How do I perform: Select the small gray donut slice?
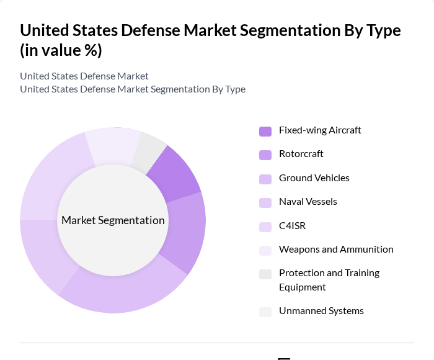pos(149,151)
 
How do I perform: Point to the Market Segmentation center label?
pos(113,220)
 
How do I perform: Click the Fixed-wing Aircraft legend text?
pos(320,130)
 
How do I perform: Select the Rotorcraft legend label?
pos(301,154)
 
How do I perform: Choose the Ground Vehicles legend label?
pos(314,178)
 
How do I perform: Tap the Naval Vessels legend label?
pos(308,202)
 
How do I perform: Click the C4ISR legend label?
pos(292,226)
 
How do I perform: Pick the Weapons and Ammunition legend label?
pos(336,250)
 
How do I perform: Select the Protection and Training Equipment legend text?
pos(329,280)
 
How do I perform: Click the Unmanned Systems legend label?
pos(321,311)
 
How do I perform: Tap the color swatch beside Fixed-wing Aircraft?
pos(265,131)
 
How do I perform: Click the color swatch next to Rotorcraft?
pos(265,155)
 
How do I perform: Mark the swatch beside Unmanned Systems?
pos(265,312)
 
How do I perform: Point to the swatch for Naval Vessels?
pos(265,202)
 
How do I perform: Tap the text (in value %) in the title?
pos(61,50)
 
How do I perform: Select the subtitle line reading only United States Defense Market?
pos(84,76)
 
